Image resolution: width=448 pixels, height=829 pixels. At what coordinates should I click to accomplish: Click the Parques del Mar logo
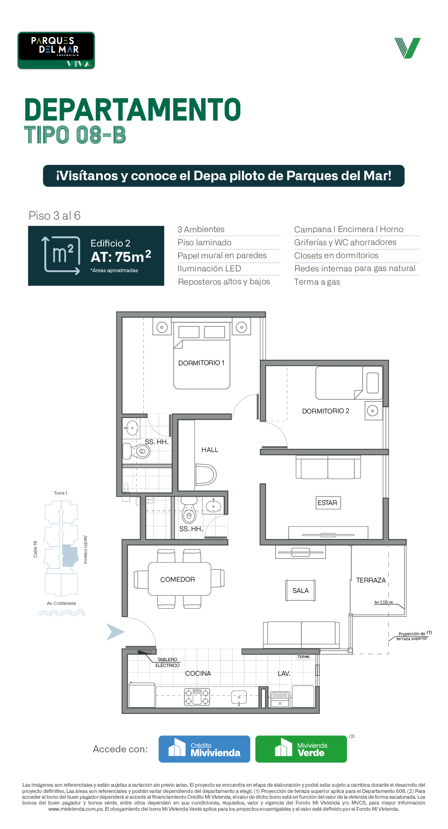[56, 51]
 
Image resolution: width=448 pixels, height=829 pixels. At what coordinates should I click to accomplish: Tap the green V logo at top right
[407, 48]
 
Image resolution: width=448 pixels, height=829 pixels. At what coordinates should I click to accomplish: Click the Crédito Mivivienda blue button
[204, 749]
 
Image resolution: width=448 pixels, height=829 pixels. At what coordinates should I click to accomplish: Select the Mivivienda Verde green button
[301, 749]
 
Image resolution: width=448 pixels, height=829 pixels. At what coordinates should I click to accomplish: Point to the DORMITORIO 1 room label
[201, 363]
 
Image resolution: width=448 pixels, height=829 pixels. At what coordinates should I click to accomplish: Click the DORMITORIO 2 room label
[326, 411]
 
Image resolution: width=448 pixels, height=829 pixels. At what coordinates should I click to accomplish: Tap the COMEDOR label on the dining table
[177, 580]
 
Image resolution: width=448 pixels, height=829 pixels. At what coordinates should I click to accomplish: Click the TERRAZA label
[371, 580]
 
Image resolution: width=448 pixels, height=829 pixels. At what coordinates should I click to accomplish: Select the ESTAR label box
[327, 503]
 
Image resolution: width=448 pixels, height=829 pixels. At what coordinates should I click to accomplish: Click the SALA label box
[300, 591]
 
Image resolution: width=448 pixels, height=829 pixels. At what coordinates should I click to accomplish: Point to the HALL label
[210, 450]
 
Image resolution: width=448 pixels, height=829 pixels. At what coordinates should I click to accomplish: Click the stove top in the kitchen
[197, 697]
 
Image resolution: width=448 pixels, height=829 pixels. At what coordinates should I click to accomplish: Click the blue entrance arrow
[115, 632]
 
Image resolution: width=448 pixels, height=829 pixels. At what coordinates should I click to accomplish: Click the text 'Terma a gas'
[317, 282]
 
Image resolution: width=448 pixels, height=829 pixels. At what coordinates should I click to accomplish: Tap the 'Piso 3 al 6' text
[54, 216]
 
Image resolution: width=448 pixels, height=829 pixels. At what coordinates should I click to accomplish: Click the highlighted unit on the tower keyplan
[70, 556]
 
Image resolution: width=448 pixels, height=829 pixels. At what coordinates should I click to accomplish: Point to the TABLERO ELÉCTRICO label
[167, 662]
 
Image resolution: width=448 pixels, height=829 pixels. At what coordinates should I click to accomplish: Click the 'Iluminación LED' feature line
[209, 269]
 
